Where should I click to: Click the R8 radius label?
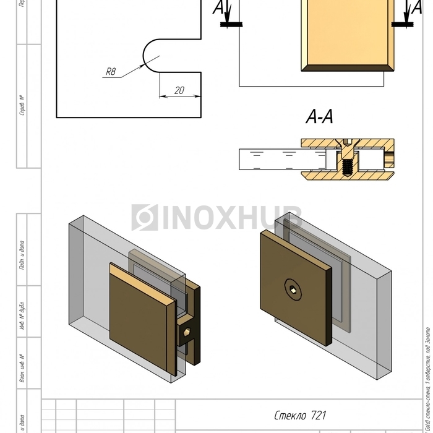(x=111, y=72)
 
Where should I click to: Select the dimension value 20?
(x=179, y=90)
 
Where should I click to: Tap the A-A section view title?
(x=320, y=117)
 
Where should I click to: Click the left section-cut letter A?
(x=220, y=8)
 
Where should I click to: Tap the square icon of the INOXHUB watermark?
(x=145, y=217)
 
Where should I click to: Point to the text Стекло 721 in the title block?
(x=301, y=415)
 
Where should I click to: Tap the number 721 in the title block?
(x=318, y=415)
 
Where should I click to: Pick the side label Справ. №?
(x=22, y=106)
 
